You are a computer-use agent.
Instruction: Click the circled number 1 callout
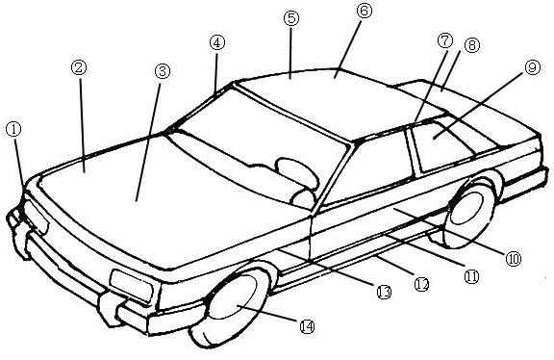click(13, 127)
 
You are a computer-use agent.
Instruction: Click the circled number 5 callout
click(291, 18)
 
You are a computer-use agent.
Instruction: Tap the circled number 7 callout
click(443, 42)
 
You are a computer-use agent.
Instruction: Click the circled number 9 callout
click(532, 67)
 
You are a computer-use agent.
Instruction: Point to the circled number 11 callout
click(471, 276)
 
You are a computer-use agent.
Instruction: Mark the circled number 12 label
click(420, 284)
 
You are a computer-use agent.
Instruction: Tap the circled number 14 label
click(307, 327)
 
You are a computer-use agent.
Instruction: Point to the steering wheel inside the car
click(293, 170)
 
